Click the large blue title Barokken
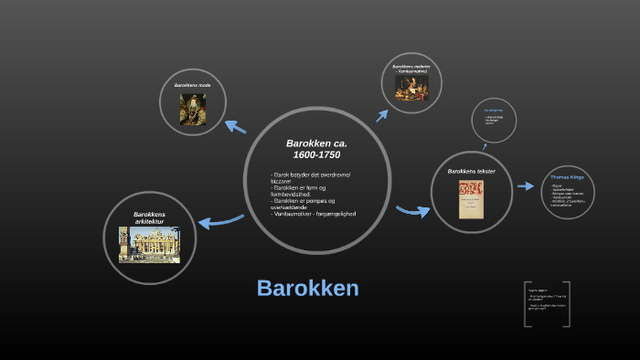307,288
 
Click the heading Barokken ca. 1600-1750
316,149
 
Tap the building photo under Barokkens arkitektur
149,245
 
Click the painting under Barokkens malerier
411,87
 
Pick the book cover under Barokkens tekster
471,199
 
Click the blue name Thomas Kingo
567,177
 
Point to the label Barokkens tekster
471,171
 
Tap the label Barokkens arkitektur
149,217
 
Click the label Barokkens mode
192,85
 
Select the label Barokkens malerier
411,68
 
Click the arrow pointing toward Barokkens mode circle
235,126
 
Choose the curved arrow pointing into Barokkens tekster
412,211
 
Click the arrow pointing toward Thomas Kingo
525,185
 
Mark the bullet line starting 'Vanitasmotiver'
313,214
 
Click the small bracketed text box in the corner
547,303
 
